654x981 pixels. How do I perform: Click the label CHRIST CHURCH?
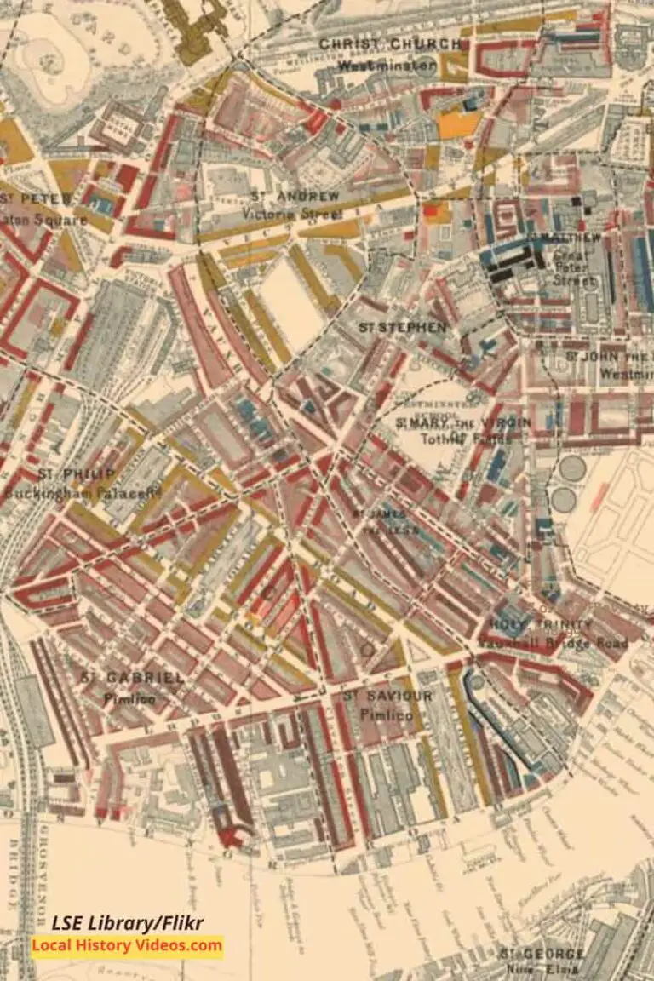tap(390, 44)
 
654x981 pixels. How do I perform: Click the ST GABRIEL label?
tap(132, 678)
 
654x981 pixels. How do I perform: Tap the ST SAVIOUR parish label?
tap(387, 697)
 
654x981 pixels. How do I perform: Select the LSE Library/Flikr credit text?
tap(128, 923)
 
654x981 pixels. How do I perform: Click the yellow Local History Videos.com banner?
tap(128, 945)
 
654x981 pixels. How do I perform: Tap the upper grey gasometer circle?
tap(572, 468)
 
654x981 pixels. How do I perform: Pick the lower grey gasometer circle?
tap(562, 500)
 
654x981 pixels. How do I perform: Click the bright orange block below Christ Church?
tap(459, 124)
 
